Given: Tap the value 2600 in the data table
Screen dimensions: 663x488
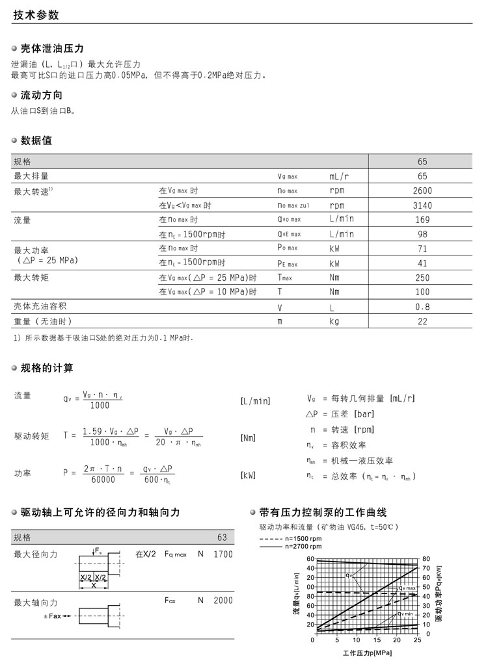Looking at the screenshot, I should click(422, 190).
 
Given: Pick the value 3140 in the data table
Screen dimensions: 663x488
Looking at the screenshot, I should click(422, 205).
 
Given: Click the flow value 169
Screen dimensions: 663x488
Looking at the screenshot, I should click(422, 220).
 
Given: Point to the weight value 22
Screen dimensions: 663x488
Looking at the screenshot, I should click(422, 321).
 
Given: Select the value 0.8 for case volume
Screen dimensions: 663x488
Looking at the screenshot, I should click(422, 306).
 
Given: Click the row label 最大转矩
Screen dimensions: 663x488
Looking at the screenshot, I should click(31, 278).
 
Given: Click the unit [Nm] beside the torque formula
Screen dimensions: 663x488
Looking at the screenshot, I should click(248, 438).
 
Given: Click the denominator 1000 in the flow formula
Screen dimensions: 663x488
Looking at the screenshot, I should click(100, 406).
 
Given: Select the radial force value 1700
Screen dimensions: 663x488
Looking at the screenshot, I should click(222, 554).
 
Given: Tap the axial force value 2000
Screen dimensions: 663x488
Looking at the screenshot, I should click(222, 600).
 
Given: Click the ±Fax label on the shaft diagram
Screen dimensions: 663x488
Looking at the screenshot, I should click(55, 616).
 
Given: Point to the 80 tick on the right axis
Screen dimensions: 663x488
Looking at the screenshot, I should click(426, 559).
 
